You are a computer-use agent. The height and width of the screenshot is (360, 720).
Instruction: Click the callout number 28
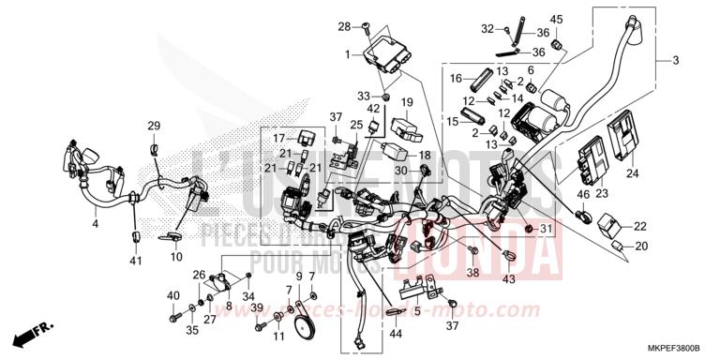(344, 25)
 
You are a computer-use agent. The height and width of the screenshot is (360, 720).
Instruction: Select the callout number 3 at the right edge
(673, 61)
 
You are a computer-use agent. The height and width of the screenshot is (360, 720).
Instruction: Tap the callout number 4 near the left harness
(95, 225)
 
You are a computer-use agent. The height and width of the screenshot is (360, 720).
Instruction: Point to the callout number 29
(154, 126)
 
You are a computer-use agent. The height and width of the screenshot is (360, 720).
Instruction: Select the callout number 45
(556, 20)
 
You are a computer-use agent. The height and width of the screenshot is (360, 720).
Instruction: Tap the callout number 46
(582, 194)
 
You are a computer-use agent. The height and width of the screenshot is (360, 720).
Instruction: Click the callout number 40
(173, 296)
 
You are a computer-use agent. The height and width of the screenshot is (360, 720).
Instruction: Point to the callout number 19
(408, 101)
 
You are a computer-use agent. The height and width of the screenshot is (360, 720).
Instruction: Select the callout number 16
(457, 78)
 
